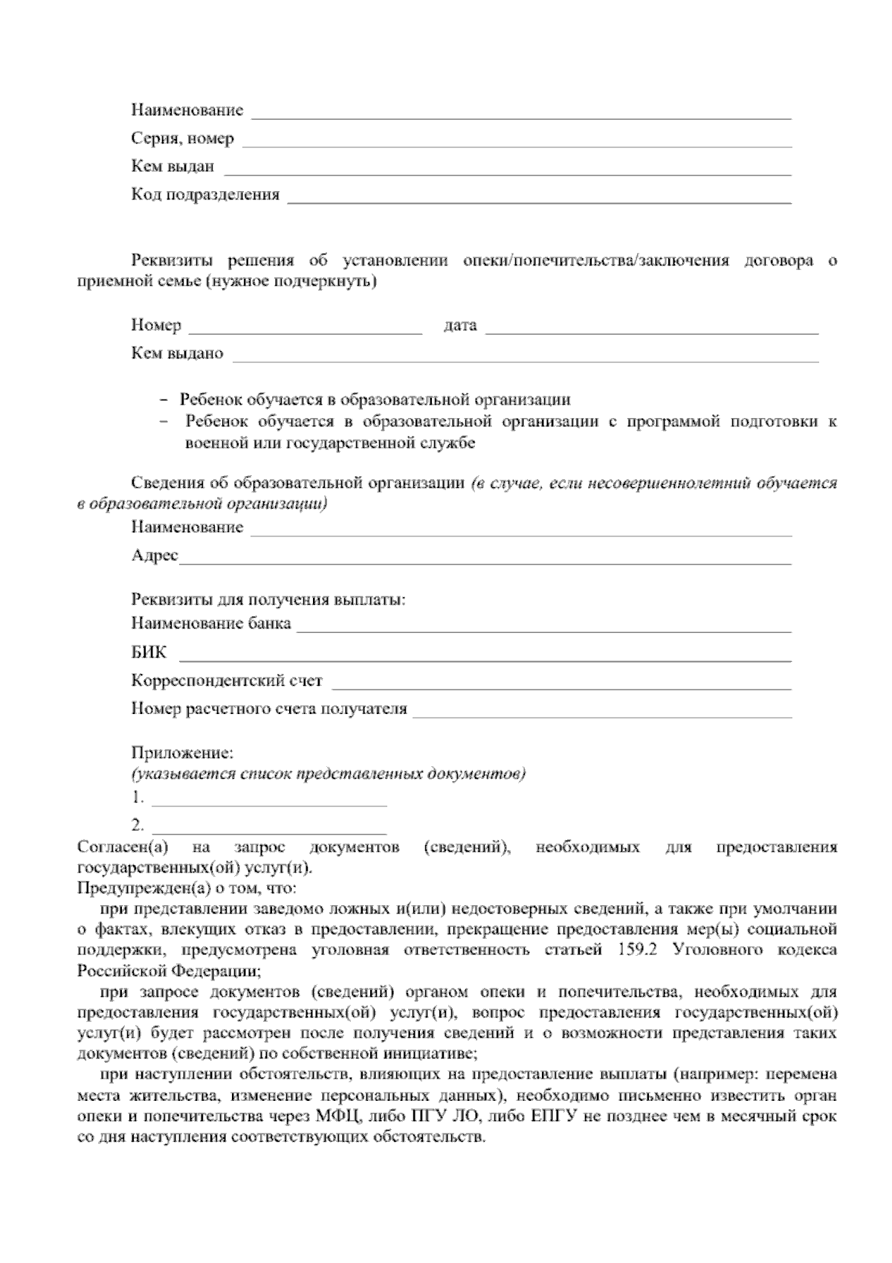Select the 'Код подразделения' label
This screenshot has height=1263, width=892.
[205, 195]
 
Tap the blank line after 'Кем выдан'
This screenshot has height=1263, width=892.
[507, 170]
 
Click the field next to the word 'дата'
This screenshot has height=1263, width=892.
[652, 328]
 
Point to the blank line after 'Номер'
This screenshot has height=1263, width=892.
[306, 328]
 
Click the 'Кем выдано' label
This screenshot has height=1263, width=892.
[177, 354]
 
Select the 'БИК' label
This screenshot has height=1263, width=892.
[149, 653]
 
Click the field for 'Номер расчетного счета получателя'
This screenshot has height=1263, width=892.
[602, 712]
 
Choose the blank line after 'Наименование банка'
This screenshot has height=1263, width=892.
[544, 626]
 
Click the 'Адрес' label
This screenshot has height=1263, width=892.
[155, 556]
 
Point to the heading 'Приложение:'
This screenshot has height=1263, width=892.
[183, 753]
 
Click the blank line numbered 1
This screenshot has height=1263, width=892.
[269, 800]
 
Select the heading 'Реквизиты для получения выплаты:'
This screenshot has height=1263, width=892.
[268, 600]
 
